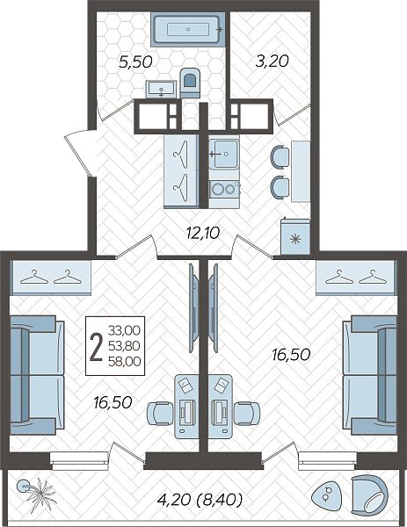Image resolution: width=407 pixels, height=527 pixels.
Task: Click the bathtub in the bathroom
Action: tap(188, 29)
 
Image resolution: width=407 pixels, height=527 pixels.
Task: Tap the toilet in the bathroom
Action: tap(190, 83)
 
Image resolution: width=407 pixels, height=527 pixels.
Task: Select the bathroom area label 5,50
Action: tap(136, 62)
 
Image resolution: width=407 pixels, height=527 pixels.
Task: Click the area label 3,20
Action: tap(273, 61)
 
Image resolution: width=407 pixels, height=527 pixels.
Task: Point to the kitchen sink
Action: tap(223, 154)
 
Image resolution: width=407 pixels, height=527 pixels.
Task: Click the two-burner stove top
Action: tap(224, 189)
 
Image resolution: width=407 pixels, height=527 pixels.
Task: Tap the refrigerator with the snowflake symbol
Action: tap(295, 236)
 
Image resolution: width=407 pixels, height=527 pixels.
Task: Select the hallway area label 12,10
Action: tap(203, 232)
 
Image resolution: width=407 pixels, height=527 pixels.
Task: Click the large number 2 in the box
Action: tap(97, 345)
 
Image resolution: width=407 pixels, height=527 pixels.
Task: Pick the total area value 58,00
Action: tap(125, 361)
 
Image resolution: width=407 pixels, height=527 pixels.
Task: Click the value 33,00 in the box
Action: tap(125, 330)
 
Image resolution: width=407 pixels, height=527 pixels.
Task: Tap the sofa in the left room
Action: tap(37, 375)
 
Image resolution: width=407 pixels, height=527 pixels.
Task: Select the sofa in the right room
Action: tap(370, 375)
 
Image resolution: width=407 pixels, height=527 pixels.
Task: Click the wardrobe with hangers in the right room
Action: tap(356, 278)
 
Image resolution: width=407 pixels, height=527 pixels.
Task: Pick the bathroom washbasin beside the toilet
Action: tap(161, 89)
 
